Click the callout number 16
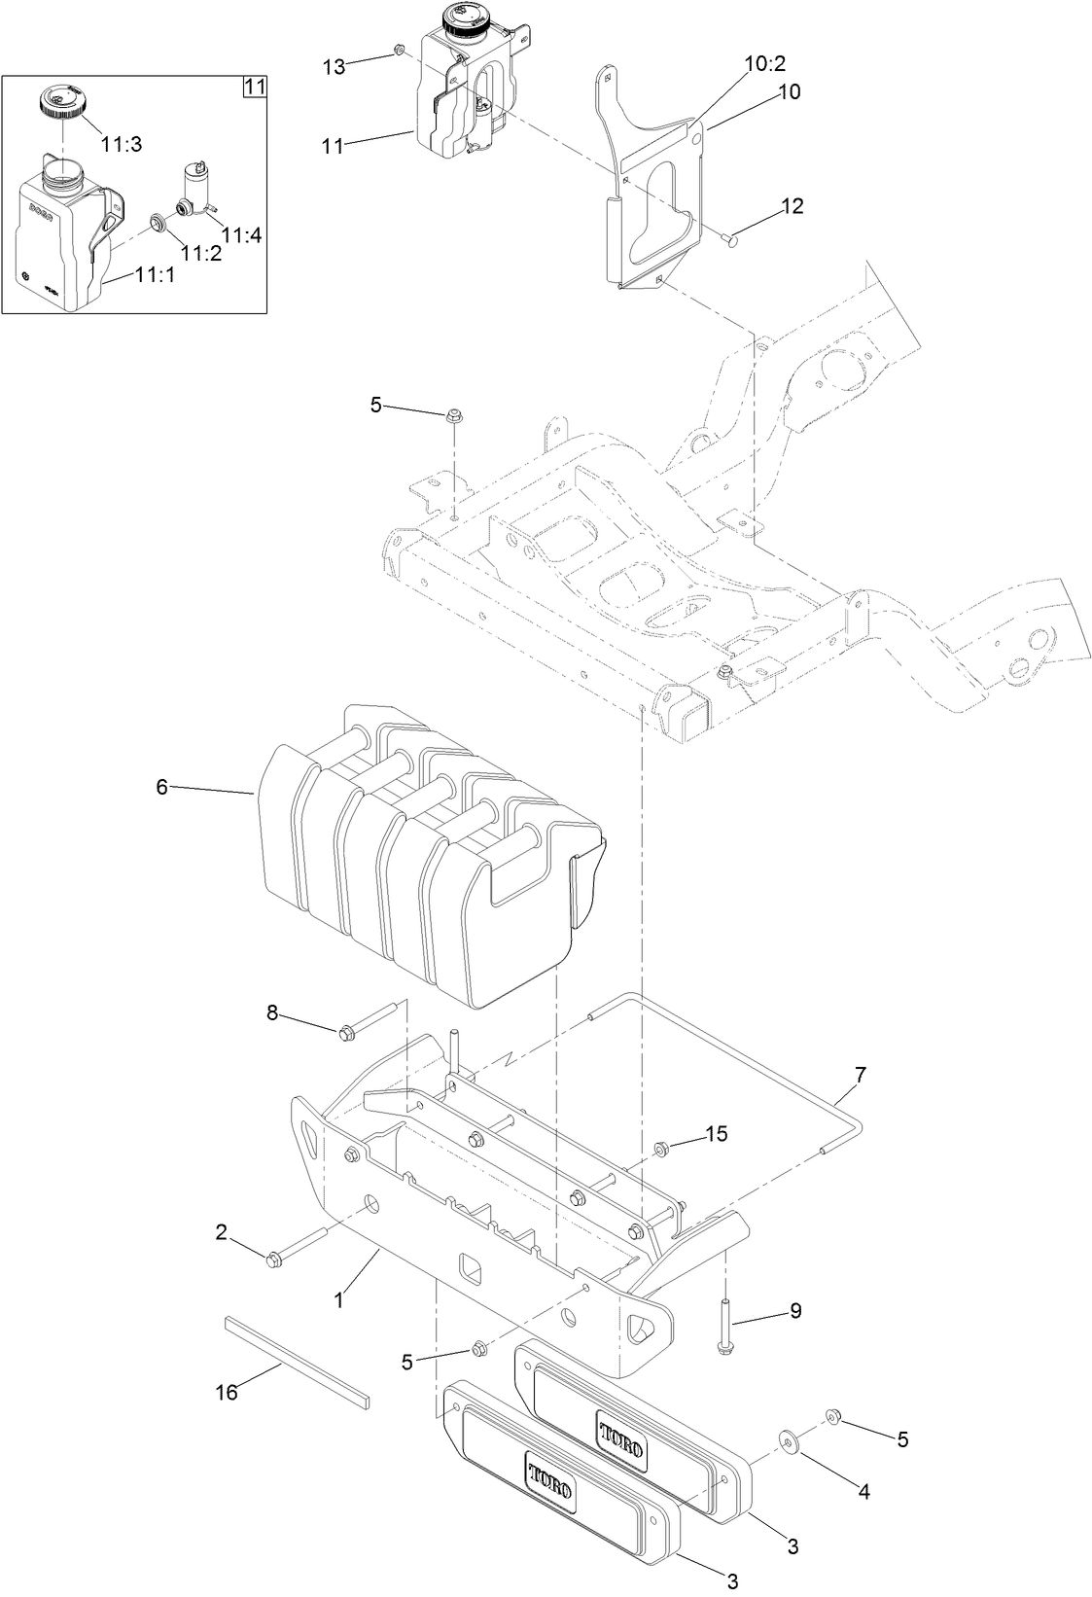click(226, 1392)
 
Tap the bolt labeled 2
click(272, 1260)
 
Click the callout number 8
click(272, 1012)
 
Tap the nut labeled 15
click(661, 1150)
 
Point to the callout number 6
click(162, 787)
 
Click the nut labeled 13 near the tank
click(398, 50)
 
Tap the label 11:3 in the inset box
click(122, 144)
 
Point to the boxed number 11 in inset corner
click(253, 87)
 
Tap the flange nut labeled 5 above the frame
click(453, 417)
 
